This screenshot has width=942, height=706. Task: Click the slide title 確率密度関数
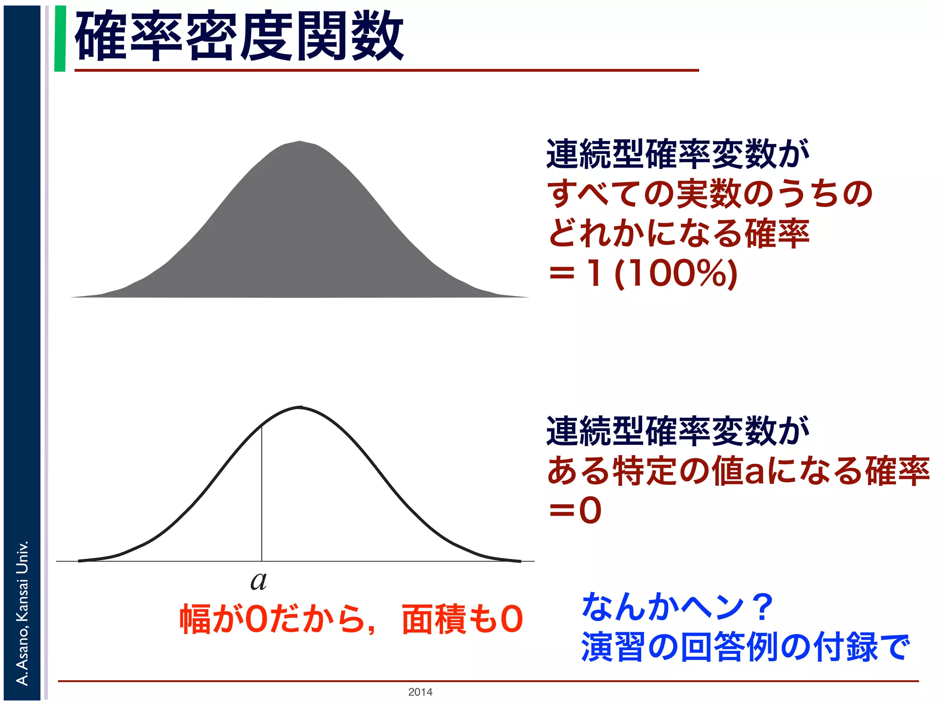coord(239,37)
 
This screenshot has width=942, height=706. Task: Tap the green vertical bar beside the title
coord(60,39)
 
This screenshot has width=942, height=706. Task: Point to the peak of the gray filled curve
coord(300,142)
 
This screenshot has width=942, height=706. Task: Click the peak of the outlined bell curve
coord(300,407)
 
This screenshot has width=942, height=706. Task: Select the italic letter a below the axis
coord(258,581)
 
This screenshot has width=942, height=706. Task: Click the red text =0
coord(575,511)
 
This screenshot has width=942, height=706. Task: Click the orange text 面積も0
coord(462,619)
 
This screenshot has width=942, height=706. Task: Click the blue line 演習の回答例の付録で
coord(745,647)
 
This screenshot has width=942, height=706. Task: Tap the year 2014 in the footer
coord(420,692)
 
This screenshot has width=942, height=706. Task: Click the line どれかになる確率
coord(678,233)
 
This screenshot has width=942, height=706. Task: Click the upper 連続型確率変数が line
coord(677,154)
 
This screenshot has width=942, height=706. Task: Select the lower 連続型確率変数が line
coord(677,431)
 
